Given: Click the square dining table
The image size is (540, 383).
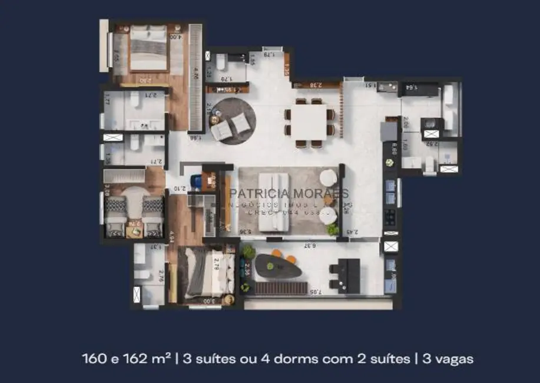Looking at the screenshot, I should click(309, 122).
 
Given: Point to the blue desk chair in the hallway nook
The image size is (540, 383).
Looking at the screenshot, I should click(196, 181).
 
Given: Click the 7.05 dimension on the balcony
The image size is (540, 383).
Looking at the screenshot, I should click(315, 291).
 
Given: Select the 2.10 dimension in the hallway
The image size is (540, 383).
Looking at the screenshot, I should click(180, 189).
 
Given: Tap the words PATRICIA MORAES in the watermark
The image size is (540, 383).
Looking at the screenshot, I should click(288, 193).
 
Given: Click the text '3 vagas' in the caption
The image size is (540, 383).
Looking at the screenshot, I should click(448, 358).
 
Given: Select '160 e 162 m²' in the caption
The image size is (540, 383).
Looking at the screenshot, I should click(127, 358).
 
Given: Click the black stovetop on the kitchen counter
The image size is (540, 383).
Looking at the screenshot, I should click(390, 218).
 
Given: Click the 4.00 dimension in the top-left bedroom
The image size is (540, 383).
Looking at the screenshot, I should click(175, 37).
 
